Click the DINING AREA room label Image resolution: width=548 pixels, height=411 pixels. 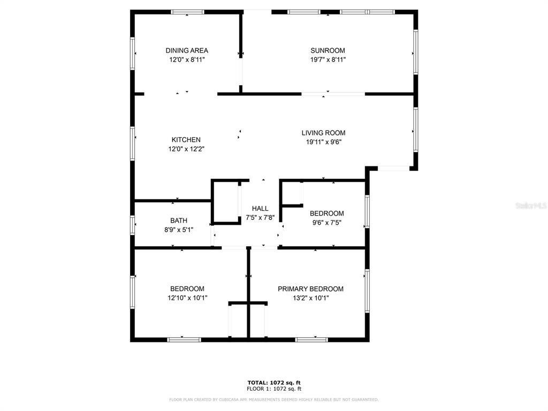(187, 51)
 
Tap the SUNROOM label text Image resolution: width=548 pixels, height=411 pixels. (328, 51)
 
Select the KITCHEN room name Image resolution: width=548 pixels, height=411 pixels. (186, 140)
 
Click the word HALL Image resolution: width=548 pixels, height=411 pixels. (260, 209)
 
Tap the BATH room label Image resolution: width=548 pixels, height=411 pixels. (179, 220)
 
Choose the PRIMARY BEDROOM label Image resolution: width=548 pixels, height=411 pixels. (310, 289)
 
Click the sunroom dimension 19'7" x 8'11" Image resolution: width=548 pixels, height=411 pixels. (328, 59)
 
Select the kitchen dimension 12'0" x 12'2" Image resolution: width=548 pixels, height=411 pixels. (186, 149)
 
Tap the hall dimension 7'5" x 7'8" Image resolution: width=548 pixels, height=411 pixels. (260, 218)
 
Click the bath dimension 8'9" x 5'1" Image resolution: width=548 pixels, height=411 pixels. (179, 230)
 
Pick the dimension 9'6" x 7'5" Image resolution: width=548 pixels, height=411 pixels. (326, 223)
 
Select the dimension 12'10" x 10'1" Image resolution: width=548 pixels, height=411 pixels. (187, 298)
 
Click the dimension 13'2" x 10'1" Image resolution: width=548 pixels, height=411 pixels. (310, 298)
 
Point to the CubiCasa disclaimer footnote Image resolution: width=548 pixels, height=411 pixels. (274, 400)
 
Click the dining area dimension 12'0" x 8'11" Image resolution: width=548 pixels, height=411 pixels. (187, 59)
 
